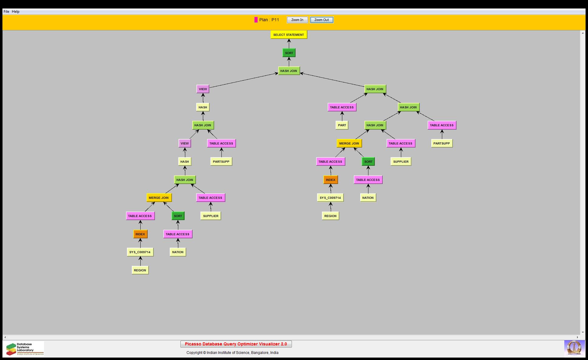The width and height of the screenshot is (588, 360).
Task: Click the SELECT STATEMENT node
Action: [289, 35]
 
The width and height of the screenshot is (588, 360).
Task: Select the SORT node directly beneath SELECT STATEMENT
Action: [289, 53]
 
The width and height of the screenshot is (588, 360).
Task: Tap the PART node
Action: [342, 125]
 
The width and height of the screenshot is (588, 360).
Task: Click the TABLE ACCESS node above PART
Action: [342, 107]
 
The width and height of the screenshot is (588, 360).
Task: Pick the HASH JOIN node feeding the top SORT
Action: [289, 71]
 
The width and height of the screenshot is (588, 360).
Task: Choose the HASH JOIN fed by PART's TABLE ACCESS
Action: [375, 89]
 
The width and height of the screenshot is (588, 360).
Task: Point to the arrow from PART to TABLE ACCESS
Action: [342, 116]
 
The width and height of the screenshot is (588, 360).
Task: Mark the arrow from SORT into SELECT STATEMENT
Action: [289, 44]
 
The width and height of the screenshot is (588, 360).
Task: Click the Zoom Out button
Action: [321, 20]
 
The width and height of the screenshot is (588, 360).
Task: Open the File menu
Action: [6, 12]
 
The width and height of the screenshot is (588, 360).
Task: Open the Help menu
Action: [15, 12]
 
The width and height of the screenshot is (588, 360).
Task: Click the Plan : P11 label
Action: [269, 20]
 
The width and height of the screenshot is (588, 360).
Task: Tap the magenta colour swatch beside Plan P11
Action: [256, 20]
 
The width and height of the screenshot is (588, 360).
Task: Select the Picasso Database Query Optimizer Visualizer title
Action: [236, 344]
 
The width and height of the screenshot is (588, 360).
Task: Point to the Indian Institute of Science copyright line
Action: [232, 353]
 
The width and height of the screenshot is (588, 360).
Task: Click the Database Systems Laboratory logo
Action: [25, 349]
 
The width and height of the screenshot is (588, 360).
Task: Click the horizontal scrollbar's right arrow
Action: [577, 337]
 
